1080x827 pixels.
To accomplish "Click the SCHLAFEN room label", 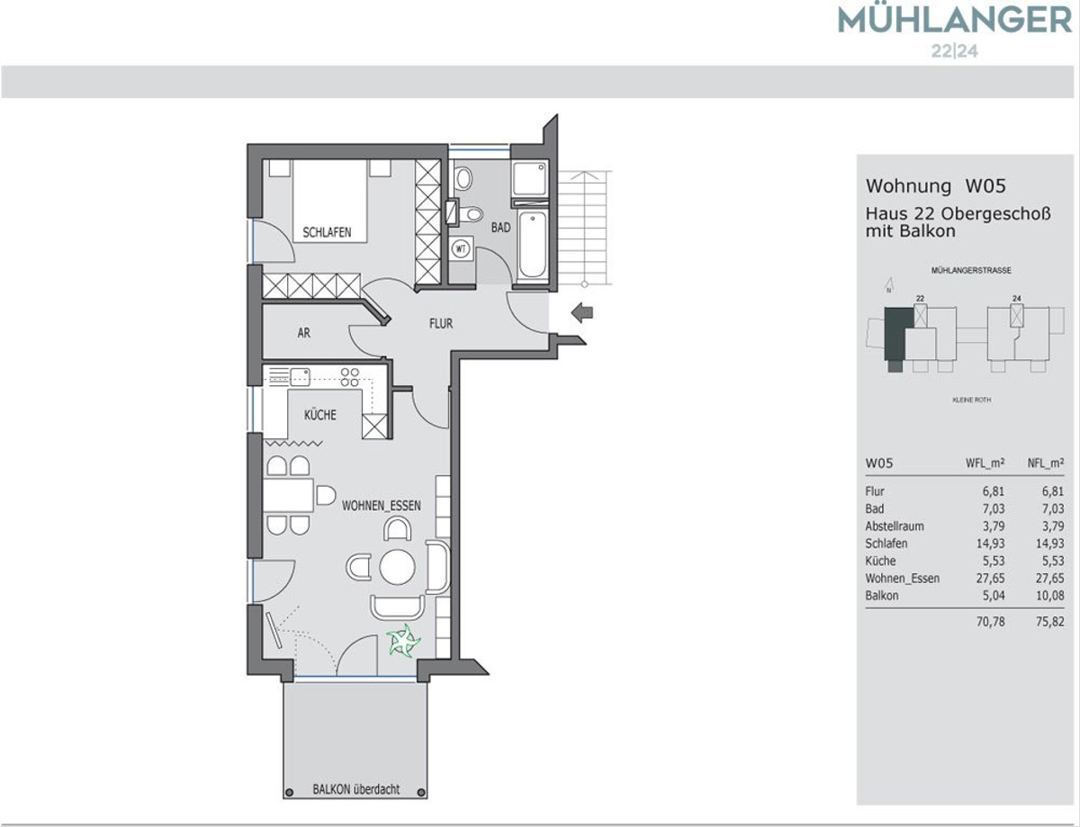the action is [327, 232].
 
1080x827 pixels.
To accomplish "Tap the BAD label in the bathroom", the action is [500, 228].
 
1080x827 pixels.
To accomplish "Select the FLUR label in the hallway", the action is [441, 324].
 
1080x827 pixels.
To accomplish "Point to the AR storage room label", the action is [303, 333].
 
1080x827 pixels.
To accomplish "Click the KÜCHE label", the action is [320, 414].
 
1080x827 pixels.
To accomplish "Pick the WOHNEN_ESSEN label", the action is [382, 506].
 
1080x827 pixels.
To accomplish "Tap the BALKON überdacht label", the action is [355, 789].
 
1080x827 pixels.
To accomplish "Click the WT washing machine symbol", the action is [461, 248].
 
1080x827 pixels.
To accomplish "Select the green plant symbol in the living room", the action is [403, 642].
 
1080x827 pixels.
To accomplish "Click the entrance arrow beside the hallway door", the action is [582, 313].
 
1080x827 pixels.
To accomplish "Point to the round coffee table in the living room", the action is [397, 567].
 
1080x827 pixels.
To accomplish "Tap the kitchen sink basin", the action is [300, 377].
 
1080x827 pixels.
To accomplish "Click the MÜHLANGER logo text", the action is [955, 21].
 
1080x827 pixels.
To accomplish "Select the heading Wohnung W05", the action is [935, 185].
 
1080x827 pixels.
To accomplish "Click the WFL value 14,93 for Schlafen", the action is [990, 544].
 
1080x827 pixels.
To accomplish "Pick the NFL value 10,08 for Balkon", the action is [1049, 596].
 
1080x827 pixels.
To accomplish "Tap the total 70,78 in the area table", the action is [990, 621].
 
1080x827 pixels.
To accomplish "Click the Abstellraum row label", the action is [895, 526].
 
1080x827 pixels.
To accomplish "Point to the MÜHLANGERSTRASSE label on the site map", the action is [971, 271].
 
